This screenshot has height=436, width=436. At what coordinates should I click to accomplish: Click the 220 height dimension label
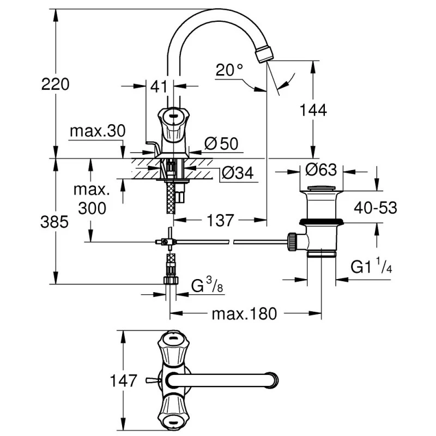(x=55, y=84)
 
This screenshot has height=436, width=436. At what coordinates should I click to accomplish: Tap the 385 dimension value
(x=55, y=222)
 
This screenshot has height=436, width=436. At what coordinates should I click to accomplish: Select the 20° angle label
(x=229, y=70)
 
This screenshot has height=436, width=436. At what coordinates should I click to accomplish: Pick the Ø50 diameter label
(x=221, y=143)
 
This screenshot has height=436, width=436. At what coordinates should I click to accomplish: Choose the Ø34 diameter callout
(x=237, y=173)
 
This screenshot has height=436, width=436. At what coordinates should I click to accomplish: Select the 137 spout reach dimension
(x=220, y=220)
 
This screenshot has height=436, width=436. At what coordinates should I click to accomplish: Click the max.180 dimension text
(x=244, y=314)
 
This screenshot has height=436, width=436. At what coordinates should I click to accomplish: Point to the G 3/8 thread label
(x=205, y=286)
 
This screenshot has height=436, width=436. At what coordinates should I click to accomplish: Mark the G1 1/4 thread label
(x=371, y=267)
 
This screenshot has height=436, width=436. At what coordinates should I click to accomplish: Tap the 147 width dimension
(x=122, y=380)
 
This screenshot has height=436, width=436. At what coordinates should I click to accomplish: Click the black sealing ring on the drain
(x=322, y=222)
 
